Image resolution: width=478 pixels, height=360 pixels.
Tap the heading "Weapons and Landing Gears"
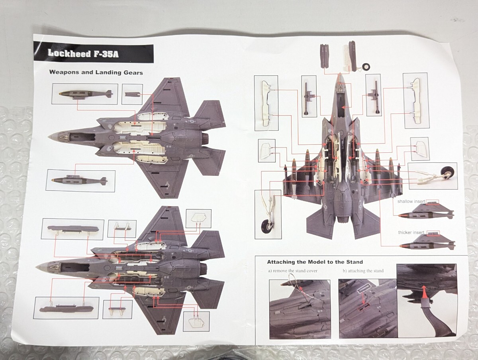(x=96, y=73)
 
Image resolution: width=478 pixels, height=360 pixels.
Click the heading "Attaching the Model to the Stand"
(x=315, y=262)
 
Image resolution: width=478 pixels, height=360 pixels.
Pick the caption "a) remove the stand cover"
(x=293, y=271)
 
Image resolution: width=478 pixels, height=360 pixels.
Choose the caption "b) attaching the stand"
(x=363, y=271)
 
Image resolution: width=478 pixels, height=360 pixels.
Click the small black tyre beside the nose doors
(x=364, y=67)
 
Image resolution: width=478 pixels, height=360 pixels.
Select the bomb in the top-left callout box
(x=84, y=94)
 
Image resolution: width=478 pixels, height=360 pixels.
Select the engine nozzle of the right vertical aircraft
(x=343, y=218)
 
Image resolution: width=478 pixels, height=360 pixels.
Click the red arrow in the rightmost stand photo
(x=425, y=294)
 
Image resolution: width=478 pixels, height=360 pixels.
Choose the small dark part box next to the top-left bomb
(x=132, y=94)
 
